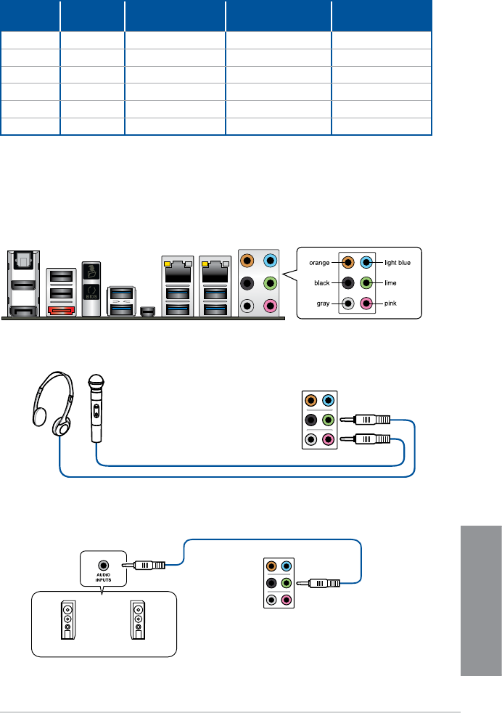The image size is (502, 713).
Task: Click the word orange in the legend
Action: coord(318,263)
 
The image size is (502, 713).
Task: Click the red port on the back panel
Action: coord(60,310)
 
